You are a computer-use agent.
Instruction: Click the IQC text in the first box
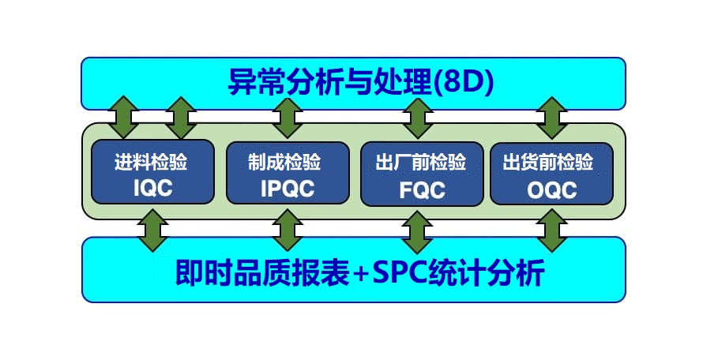point(153,188)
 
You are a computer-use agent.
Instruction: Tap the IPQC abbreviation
point(288,189)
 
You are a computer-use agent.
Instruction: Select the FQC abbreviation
point(423,190)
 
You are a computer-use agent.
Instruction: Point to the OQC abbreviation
point(552,190)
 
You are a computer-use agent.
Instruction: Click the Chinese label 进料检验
point(151,162)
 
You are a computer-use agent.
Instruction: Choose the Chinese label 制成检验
point(285,162)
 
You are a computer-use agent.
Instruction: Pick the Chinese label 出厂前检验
point(421,163)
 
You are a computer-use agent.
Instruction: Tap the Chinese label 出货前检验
point(548,163)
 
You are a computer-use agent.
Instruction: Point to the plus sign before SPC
point(361,275)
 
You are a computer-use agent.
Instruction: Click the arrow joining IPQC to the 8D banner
point(287,118)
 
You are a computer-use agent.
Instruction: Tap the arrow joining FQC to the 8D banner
point(418,118)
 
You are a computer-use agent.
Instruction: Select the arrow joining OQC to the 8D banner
point(552,118)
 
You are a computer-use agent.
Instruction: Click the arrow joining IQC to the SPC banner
point(153,230)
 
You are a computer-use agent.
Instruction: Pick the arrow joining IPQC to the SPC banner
point(287,230)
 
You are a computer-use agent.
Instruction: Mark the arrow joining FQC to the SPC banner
point(417,232)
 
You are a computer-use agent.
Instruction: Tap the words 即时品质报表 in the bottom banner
point(263,273)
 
